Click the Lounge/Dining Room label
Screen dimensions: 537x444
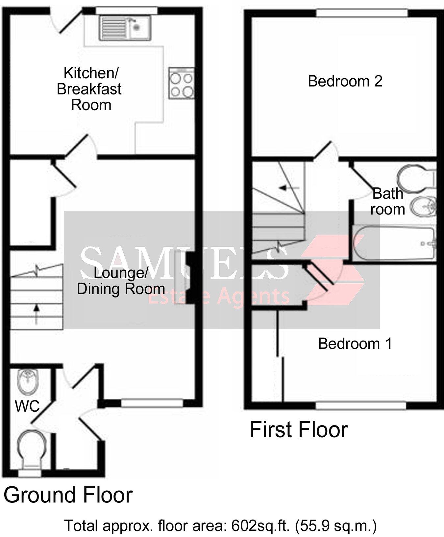121,281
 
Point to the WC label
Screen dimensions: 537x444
27,406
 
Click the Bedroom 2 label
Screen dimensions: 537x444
345,81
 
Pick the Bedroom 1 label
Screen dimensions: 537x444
355,344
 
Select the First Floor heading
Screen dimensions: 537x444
299,430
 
